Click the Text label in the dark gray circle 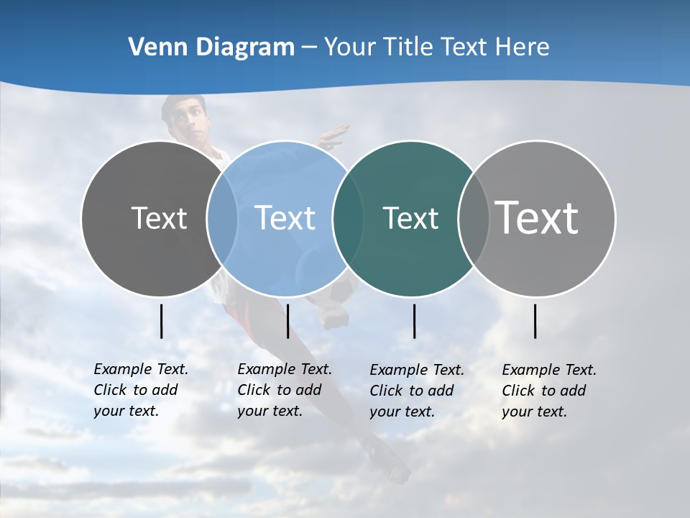[159, 218]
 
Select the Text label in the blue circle [285, 218]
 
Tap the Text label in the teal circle [410, 218]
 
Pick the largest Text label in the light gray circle [537, 217]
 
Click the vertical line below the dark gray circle [161, 321]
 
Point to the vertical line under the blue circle [287, 321]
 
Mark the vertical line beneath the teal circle [414, 321]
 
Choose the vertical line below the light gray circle [535, 321]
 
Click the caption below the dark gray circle [141, 390]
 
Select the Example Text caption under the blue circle [285, 390]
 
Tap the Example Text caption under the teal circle [417, 391]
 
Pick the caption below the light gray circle [549, 391]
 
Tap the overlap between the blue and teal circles [348, 218]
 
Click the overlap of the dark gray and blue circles [222, 218]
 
